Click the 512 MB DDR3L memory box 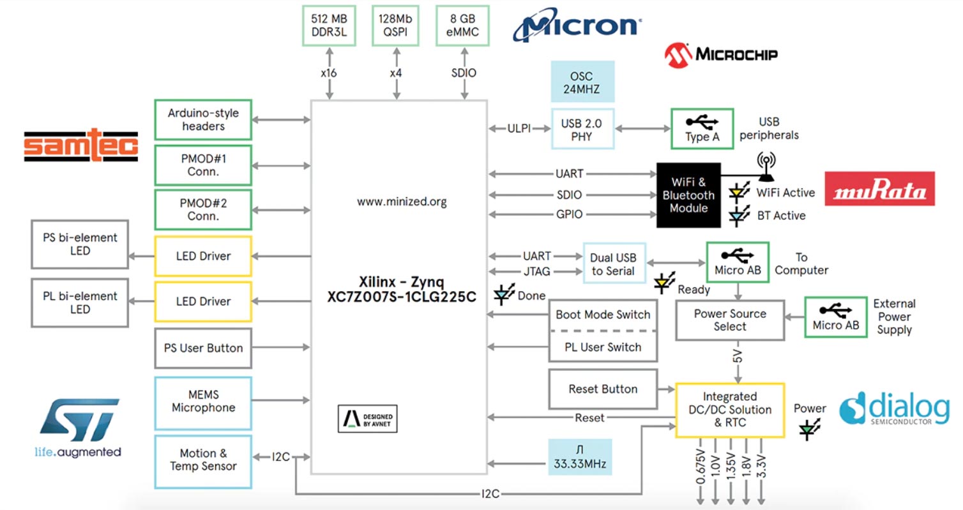(x=328, y=26)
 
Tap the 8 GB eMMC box (x=464, y=26)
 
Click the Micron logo (x=577, y=26)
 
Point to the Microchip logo (x=721, y=55)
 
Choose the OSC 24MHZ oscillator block (x=581, y=82)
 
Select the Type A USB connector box (x=701, y=129)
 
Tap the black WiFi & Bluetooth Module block (x=688, y=195)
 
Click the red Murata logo (x=879, y=188)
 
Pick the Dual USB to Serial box (x=614, y=264)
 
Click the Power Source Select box (x=729, y=320)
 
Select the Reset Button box (x=603, y=389)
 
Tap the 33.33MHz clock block (x=579, y=457)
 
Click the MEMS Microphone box (x=203, y=401)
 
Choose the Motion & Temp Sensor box (x=203, y=460)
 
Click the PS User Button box (x=203, y=348)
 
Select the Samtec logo (x=81, y=143)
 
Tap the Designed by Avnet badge (x=367, y=419)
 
